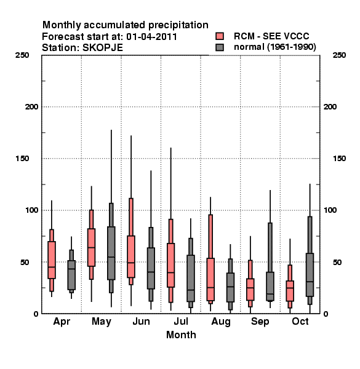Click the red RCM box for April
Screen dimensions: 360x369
pos(52,260)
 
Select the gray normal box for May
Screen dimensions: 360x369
pos(111,253)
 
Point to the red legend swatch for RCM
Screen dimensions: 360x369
pos(220,36)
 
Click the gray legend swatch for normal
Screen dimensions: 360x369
pos(220,47)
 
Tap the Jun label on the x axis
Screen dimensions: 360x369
pos(141,322)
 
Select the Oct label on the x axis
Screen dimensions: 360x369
pos(300,322)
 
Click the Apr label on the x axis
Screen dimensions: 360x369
pos(62,322)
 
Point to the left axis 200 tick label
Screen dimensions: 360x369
pos(31,107)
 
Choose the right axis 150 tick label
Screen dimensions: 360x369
pos(339,159)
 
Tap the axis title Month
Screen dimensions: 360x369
pos(181,335)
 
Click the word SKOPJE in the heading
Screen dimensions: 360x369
pos(103,48)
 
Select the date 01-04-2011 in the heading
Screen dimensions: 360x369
pos(151,37)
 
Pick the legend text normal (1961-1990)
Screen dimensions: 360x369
pos(275,47)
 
